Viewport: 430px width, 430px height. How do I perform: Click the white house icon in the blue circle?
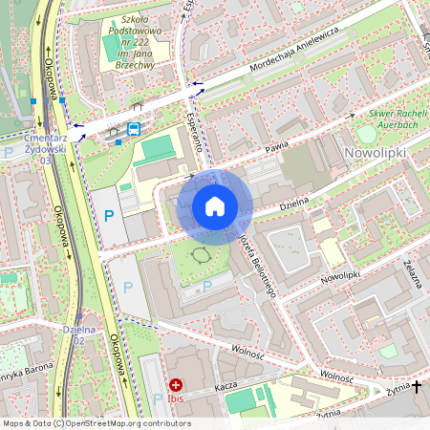pyautogui.click(x=215, y=206)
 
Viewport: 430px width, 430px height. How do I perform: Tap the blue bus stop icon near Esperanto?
pyautogui.click(x=134, y=129)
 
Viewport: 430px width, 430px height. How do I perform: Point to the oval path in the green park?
pyautogui.click(x=202, y=255)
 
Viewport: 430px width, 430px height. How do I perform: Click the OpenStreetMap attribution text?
pyautogui.click(x=96, y=423)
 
